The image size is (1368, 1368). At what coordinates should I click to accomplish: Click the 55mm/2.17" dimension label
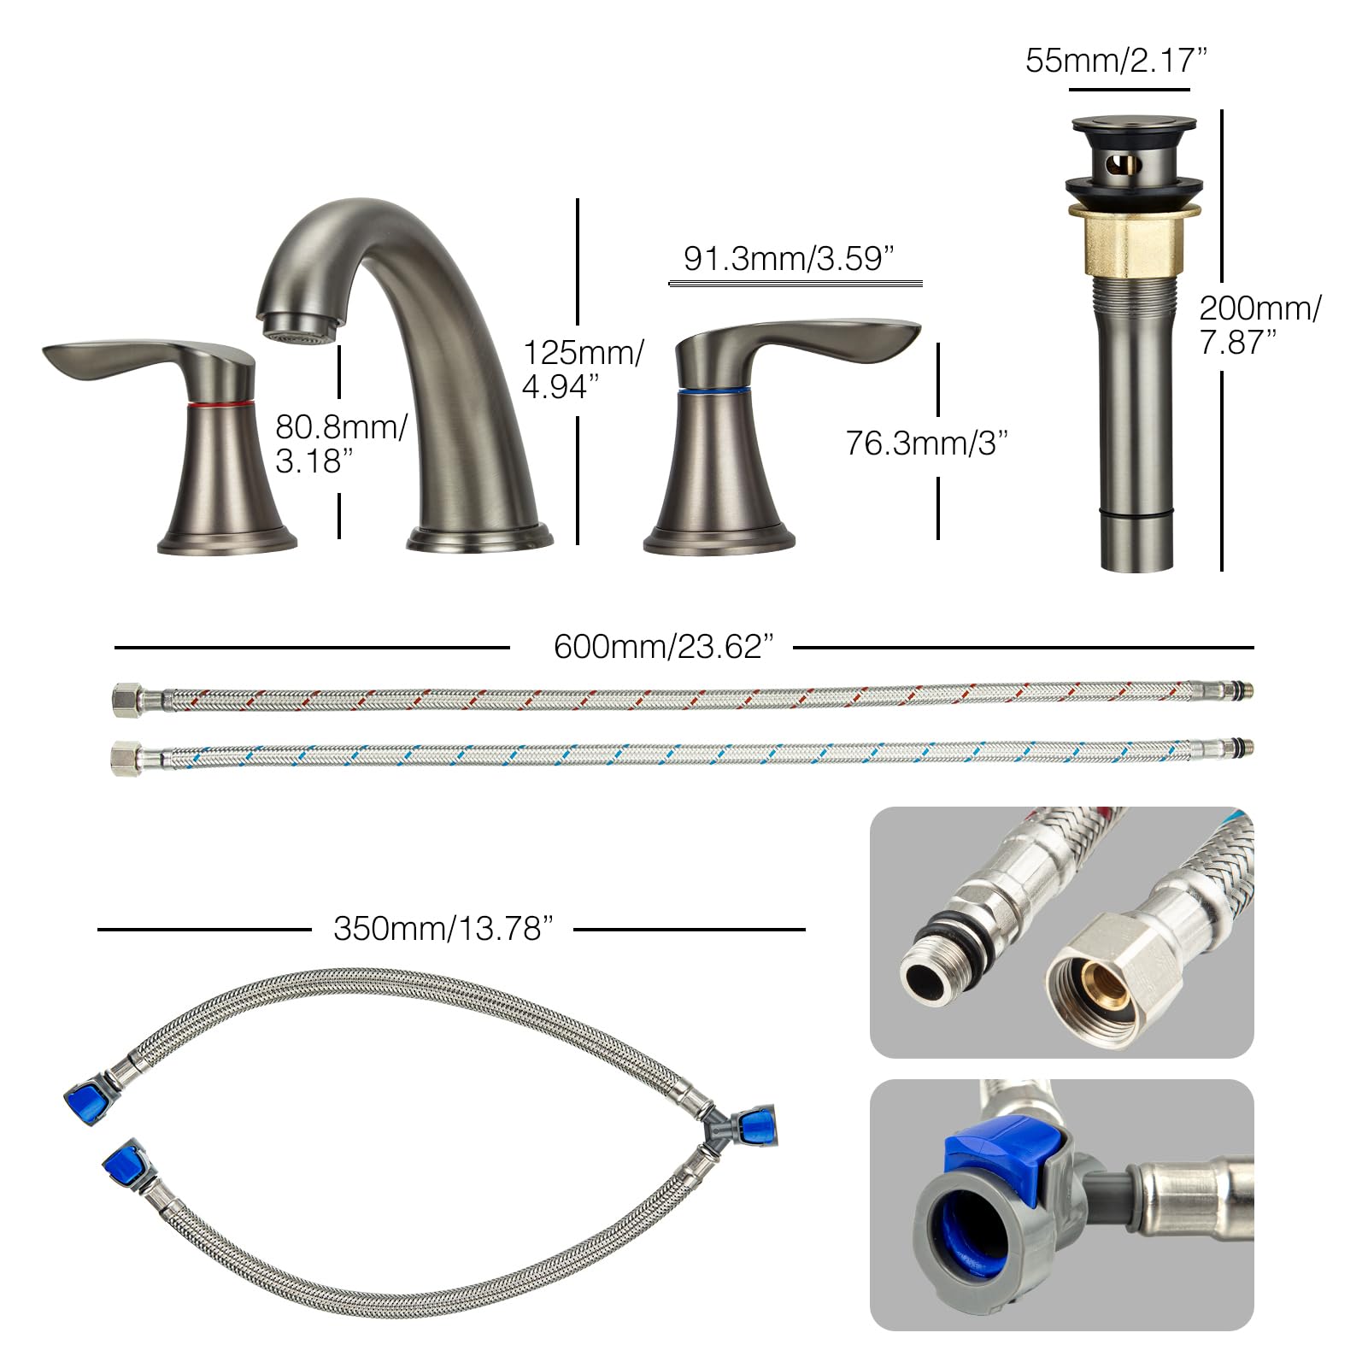pos(1116,61)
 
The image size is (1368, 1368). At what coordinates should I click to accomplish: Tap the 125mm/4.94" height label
pos(583,369)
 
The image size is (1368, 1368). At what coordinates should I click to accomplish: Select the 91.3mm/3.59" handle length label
pos(788,258)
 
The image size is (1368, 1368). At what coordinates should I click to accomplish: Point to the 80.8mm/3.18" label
pos(341,443)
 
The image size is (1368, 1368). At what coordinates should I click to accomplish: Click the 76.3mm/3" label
pos(927,443)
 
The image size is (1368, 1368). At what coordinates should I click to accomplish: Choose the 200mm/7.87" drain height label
pos(1259,325)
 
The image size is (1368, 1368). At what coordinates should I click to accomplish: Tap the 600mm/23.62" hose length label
pos(663,647)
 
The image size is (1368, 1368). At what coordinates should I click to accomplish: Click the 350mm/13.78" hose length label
pos(443,928)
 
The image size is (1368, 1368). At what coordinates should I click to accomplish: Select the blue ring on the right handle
pos(713,390)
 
